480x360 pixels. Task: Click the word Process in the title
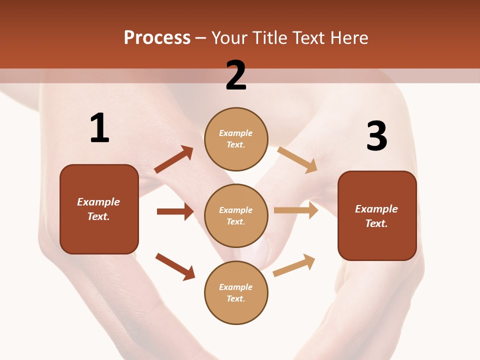[x=157, y=38]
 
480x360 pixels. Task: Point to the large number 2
[x=236, y=75]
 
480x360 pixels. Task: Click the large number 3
[x=376, y=136]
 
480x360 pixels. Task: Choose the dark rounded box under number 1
[x=99, y=209]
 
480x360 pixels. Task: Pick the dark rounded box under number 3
[x=377, y=216]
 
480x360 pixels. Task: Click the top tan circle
[x=236, y=139]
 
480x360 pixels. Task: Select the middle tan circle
[x=236, y=216]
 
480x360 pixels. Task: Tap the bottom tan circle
[x=236, y=293]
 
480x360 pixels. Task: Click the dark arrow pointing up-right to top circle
[x=174, y=159]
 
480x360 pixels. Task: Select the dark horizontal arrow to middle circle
[x=175, y=211]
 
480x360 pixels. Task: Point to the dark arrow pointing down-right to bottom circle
[x=175, y=266]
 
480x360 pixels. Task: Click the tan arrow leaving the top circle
[x=297, y=159]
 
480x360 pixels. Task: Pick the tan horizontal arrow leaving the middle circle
[x=296, y=210]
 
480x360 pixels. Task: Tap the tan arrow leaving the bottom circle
[x=294, y=265]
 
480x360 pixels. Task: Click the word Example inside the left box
[x=98, y=202]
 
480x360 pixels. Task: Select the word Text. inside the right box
[x=376, y=223]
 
